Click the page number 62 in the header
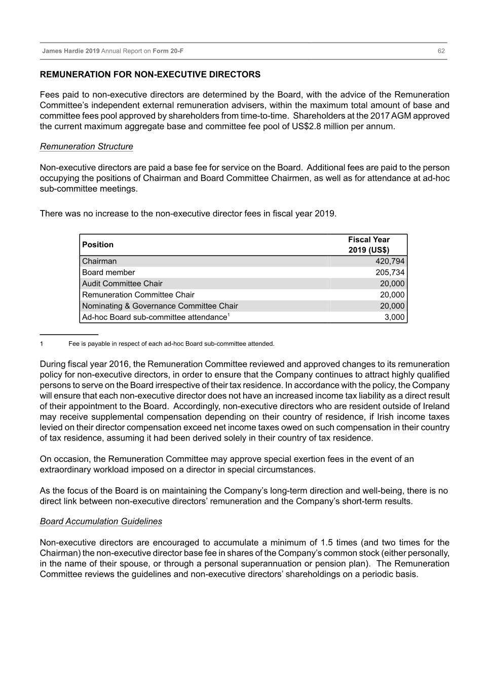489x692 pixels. [x=441, y=51]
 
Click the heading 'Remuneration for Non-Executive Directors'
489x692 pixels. [x=150, y=75]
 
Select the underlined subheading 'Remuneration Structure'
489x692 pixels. [x=87, y=147]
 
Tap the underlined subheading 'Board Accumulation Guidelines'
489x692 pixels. [x=101, y=521]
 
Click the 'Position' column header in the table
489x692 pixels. [x=98, y=245]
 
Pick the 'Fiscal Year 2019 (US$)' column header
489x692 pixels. [x=369, y=245]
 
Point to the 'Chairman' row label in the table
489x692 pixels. [x=99, y=261]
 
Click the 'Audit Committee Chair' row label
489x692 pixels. [x=122, y=283]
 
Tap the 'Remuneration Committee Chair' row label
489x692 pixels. [x=138, y=295]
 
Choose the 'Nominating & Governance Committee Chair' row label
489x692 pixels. [x=160, y=306]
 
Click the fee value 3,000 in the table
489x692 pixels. [x=394, y=317]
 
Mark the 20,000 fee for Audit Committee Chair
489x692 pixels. [x=392, y=283]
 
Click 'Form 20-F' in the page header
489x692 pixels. [x=168, y=51]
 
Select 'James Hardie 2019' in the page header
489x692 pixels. [x=71, y=51]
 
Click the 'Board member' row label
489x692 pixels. [x=108, y=272]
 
